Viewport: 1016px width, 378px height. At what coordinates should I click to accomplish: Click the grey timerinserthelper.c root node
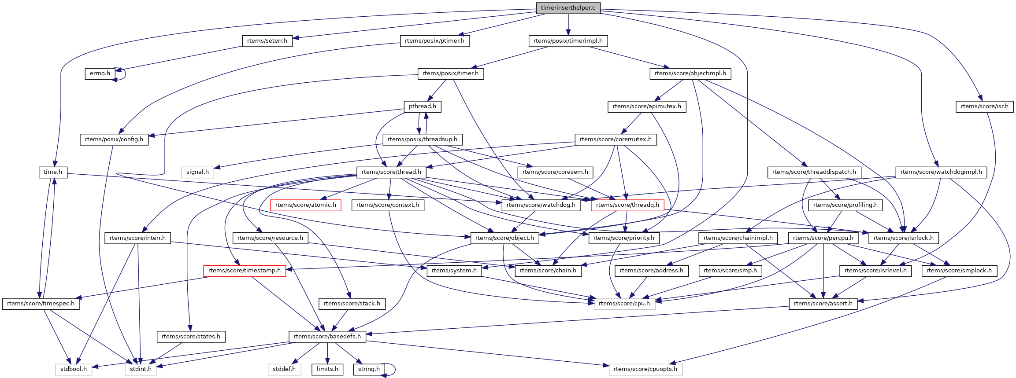568,8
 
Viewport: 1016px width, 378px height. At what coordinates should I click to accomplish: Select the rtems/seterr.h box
267,41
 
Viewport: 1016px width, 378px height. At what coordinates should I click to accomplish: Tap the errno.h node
100,73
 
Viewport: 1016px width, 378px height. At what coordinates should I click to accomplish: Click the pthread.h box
422,106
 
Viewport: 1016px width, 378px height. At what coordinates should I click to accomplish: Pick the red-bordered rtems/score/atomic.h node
305,205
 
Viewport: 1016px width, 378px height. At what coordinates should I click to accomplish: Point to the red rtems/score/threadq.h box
627,205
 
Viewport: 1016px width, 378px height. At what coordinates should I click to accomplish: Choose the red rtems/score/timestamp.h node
244,271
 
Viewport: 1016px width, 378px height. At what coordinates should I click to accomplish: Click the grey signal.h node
197,172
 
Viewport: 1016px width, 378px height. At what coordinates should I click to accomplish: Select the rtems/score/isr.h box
984,106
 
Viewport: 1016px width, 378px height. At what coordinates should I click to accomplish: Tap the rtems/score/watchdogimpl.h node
941,172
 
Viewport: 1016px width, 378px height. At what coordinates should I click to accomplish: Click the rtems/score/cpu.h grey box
624,304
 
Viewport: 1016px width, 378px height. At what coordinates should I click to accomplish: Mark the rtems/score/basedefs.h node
327,337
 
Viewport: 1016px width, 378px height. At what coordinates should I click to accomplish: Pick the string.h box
369,369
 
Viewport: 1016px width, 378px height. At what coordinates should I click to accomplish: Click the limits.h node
327,369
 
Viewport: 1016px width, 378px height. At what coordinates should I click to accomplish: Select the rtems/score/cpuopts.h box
645,369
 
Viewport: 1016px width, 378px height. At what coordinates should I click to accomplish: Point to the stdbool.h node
74,369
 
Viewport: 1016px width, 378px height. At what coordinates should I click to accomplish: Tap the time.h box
52,172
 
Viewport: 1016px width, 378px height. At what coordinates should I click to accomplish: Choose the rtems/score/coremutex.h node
616,139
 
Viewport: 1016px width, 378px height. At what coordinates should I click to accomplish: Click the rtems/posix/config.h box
114,139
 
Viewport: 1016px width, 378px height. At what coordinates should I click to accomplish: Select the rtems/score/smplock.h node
959,271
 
